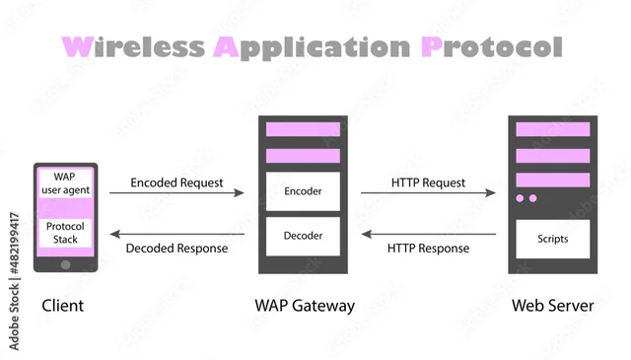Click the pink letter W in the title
coord(78,46)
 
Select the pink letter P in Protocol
coord(432,46)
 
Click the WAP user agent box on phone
coord(65,181)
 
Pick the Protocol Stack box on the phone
coord(65,232)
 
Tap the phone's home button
coord(65,263)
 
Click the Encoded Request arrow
coord(176,193)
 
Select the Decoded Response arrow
coord(176,235)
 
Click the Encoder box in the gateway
coord(303,190)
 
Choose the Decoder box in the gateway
coord(303,236)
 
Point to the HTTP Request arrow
coord(428,193)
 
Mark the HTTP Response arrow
coord(428,235)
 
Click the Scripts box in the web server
coord(552,238)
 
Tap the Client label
coord(62,306)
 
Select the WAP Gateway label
coord(303,306)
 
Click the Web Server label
coord(552,306)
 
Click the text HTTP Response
coord(428,248)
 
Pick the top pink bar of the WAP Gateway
coord(303,129)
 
